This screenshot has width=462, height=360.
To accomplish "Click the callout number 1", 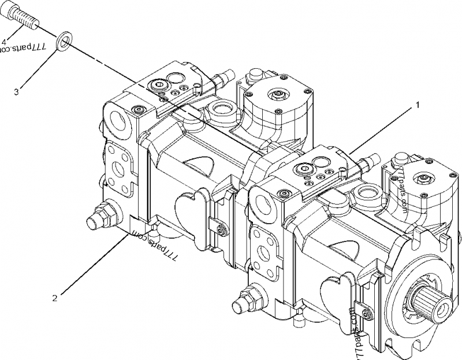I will click(415, 106).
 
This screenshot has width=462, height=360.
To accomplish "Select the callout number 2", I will click(55, 298).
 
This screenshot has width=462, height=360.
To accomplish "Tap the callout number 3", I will click(17, 91).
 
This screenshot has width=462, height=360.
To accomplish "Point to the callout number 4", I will click(5, 42).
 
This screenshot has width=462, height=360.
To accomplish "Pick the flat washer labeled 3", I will click(64, 42).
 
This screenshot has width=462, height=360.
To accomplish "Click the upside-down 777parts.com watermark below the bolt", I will click(23, 51).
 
